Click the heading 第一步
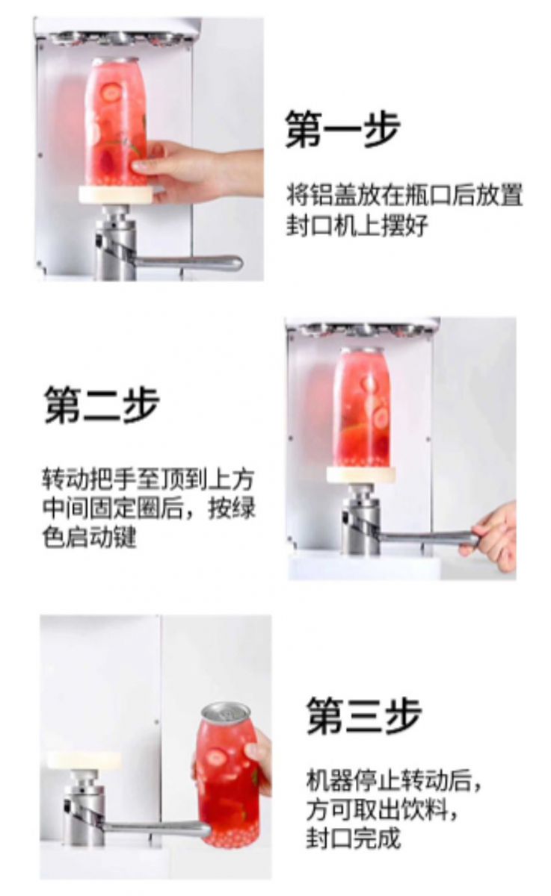pyautogui.click(x=342, y=129)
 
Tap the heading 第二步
pyautogui.click(x=102, y=405)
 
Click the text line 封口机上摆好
pyautogui.click(x=357, y=225)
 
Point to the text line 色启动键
pyautogui.click(x=89, y=537)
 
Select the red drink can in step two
pyautogui.click(x=362, y=408)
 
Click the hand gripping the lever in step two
pyautogui.click(x=491, y=536)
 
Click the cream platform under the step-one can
pyautogui.click(x=116, y=195)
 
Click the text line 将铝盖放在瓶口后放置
pyautogui.click(x=404, y=196)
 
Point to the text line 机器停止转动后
pyautogui.click(x=394, y=779)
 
